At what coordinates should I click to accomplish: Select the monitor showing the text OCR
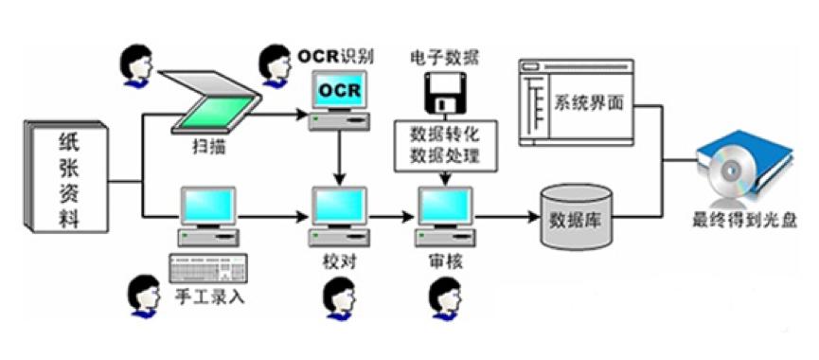click(x=337, y=93)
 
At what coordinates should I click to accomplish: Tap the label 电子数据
click(x=440, y=56)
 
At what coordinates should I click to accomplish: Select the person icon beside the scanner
click(x=133, y=64)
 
